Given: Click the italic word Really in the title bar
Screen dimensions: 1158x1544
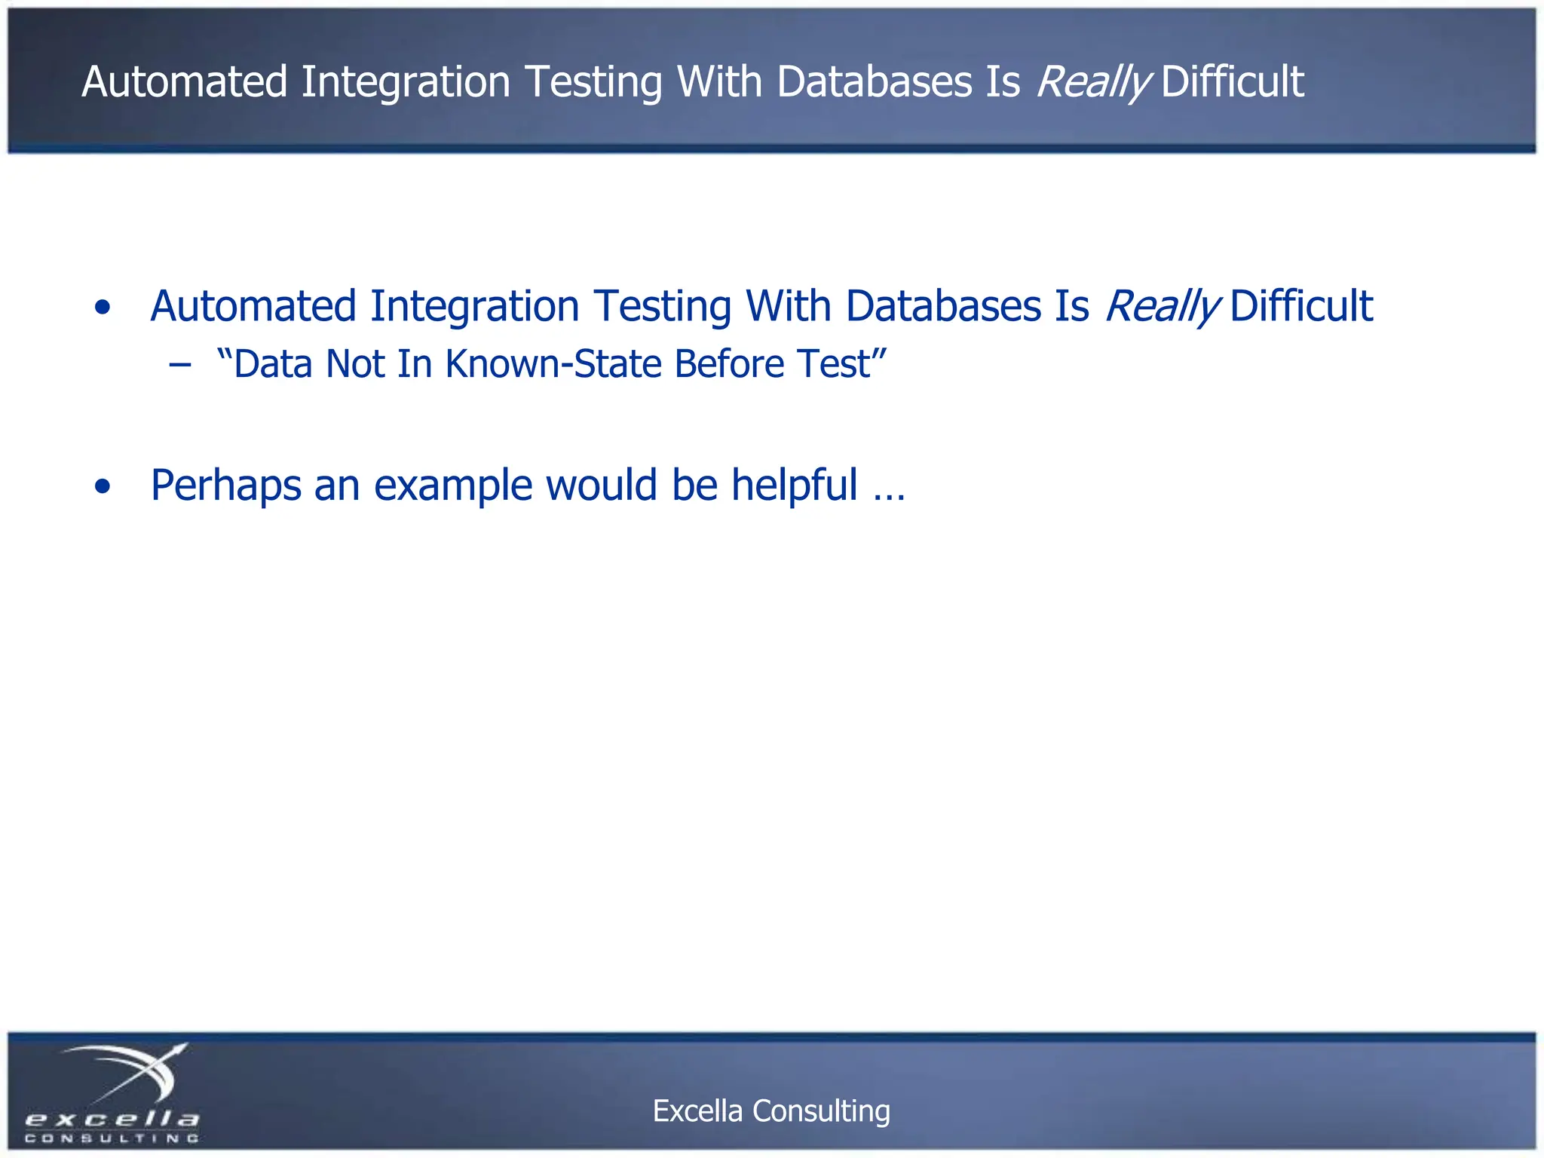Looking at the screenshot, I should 1093,81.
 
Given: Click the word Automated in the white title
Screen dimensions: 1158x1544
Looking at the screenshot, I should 185,81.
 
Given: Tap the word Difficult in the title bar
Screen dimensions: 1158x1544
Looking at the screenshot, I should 1233,81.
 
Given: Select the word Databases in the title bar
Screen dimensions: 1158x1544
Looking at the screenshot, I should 875,81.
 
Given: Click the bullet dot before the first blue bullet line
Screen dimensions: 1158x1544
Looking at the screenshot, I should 103,308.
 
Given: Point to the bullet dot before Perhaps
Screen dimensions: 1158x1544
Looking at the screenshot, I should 103,486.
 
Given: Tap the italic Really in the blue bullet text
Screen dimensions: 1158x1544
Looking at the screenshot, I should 1162,306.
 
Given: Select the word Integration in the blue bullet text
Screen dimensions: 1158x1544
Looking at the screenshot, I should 474,306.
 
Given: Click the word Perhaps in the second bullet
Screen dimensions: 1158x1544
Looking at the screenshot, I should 225,485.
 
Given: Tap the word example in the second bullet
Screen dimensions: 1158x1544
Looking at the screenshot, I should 453,485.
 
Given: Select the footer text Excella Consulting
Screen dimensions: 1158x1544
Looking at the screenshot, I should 771,1111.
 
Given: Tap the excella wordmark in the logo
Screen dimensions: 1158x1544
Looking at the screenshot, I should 112,1118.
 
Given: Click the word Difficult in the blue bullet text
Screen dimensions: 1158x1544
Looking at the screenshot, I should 1301,306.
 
